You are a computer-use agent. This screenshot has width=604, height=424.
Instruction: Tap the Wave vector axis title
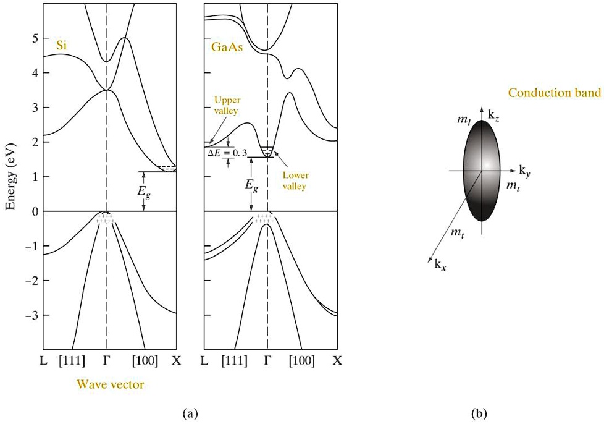pyautogui.click(x=111, y=384)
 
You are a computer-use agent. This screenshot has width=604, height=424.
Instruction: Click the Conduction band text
pyautogui.click(x=555, y=93)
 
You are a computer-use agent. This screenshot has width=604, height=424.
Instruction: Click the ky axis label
pyautogui.click(x=524, y=169)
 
